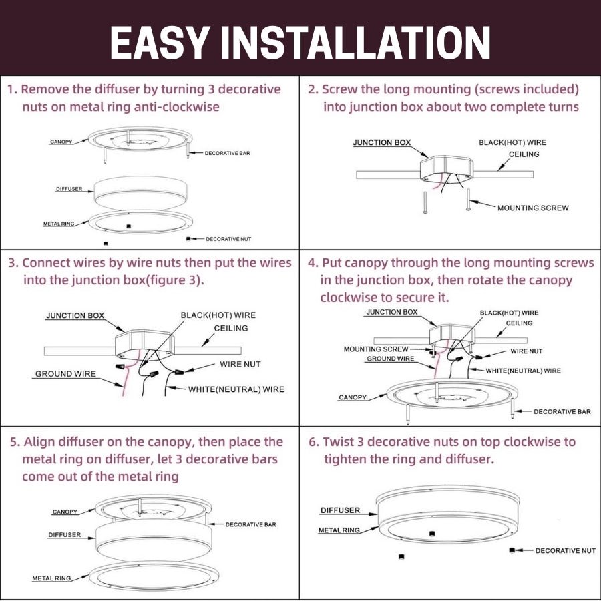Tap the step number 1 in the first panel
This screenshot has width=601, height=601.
11,89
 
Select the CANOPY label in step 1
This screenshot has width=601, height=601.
61,142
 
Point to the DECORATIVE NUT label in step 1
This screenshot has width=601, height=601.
228,238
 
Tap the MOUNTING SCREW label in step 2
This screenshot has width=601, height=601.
533,208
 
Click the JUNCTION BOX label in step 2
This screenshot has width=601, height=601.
381,142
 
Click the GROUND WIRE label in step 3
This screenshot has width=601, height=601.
65,374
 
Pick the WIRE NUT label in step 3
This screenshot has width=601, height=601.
240,364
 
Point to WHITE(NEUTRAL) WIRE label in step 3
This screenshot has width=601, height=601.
236,389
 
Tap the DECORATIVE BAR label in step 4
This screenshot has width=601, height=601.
562,411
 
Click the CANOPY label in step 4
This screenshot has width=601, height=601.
352,397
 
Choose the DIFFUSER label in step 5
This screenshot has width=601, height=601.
64,535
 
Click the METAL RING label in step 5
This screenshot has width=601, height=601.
51,578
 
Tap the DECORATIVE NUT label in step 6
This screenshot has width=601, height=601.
565,550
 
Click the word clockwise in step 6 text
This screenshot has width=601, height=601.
532,442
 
